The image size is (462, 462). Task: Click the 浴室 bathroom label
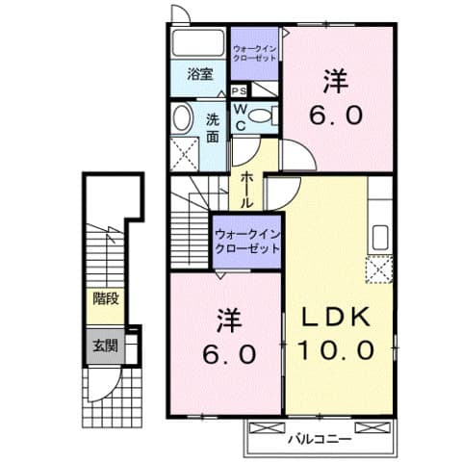click(x=200, y=73)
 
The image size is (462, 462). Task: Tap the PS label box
click(x=237, y=90)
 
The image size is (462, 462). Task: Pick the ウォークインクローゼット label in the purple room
click(x=247, y=239)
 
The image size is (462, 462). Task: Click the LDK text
click(x=337, y=319)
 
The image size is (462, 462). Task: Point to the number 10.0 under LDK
click(x=337, y=350)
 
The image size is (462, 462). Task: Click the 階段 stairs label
click(x=105, y=298)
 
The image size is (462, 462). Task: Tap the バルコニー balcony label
click(x=319, y=438)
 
